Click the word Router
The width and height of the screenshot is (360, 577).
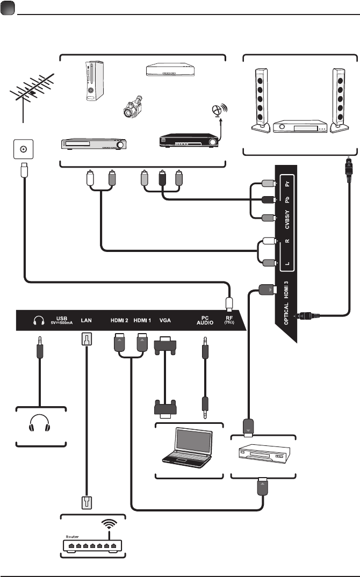(x=73, y=536)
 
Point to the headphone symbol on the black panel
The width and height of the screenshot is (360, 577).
(x=38, y=321)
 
